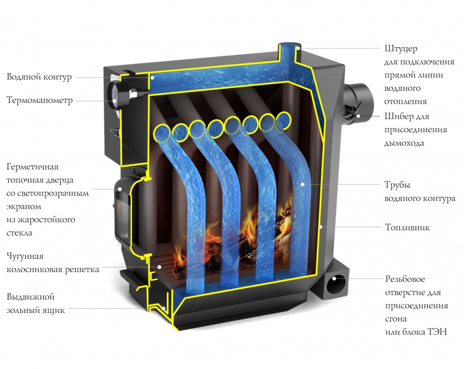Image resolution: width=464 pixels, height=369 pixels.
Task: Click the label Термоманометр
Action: (x=39, y=101)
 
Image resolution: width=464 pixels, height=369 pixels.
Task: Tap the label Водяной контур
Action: (x=39, y=77)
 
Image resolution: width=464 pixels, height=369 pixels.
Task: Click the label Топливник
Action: (x=407, y=227)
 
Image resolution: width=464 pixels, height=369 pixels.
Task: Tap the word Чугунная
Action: (x=25, y=256)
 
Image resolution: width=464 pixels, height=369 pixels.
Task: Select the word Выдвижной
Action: (x=31, y=297)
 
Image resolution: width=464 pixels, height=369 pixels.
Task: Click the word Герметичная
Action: (x=32, y=167)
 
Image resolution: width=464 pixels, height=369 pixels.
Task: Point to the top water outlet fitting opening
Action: (x=290, y=45)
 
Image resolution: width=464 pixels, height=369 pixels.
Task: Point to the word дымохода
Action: (x=404, y=143)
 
